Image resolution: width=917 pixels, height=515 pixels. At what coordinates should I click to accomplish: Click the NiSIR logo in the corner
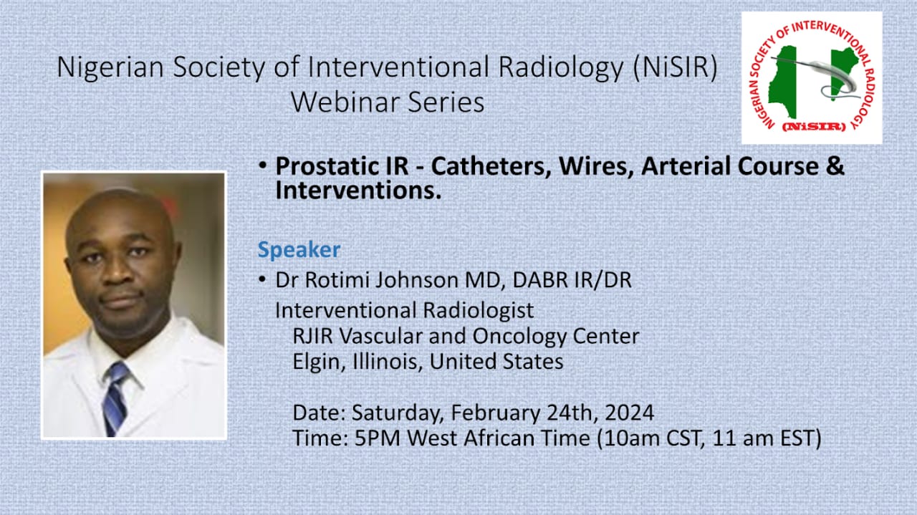point(812,77)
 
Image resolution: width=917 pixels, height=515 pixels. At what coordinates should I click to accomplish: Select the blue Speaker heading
point(299,250)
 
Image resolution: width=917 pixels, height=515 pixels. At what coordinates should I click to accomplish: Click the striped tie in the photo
point(116,398)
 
